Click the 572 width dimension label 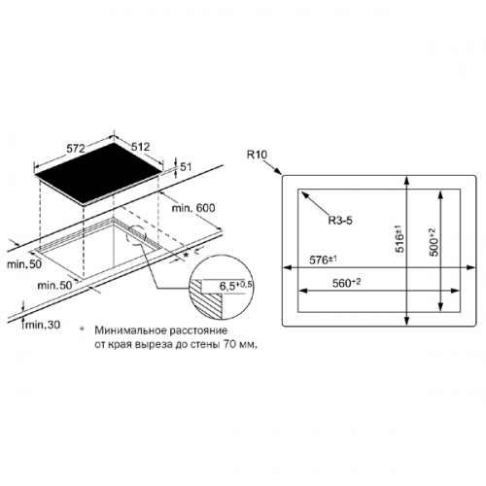click(x=76, y=149)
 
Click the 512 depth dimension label click(x=141, y=147)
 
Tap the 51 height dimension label click(x=186, y=167)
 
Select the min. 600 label click(x=193, y=208)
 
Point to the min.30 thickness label click(x=43, y=325)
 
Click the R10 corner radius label click(x=257, y=155)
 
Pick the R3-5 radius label click(x=340, y=221)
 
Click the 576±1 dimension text click(x=324, y=260)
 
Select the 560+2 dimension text click(x=346, y=283)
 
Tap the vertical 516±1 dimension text click(x=400, y=239)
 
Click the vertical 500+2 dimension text click(x=434, y=242)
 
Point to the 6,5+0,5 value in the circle click(x=235, y=286)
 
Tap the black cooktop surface click(x=99, y=174)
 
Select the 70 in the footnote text click(x=228, y=344)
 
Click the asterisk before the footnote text click(x=82, y=330)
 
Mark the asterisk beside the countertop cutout click(x=186, y=255)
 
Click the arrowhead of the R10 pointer click(x=278, y=171)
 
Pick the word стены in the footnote click(x=206, y=345)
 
